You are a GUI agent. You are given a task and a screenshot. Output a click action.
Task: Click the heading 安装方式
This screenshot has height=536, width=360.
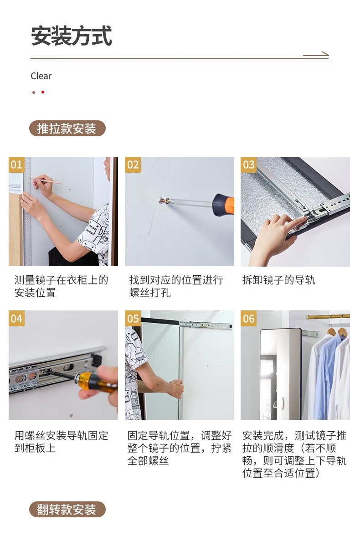(x=72, y=36)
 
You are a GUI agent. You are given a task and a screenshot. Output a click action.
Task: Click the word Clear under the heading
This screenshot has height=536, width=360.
(x=41, y=76)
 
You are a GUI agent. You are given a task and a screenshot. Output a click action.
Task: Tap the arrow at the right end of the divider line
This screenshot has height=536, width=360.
(x=316, y=54)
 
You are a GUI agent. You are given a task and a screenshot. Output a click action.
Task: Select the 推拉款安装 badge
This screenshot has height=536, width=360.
(x=67, y=129)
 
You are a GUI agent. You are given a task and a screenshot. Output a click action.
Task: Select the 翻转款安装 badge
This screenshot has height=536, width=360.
(x=67, y=510)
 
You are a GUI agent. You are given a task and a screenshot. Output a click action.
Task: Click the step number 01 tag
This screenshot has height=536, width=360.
(x=16, y=165)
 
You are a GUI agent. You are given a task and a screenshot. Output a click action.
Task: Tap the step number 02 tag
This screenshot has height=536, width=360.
(x=133, y=165)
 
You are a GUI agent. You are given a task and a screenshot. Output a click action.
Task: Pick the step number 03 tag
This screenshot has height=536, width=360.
(x=248, y=165)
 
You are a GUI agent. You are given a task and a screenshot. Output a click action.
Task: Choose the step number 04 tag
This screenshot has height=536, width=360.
(x=16, y=318)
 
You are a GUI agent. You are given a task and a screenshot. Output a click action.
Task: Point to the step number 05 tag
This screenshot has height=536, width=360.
(x=133, y=318)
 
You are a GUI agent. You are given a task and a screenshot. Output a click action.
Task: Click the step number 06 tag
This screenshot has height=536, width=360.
(x=248, y=318)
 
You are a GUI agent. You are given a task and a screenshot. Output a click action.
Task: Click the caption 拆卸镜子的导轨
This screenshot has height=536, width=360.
(x=278, y=280)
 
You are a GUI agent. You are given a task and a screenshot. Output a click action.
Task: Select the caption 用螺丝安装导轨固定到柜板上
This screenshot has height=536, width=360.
(x=61, y=442)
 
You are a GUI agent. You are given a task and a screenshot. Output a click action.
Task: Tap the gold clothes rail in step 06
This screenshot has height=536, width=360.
(x=328, y=316)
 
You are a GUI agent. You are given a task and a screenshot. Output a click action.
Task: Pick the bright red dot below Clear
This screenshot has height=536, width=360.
(x=43, y=92)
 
